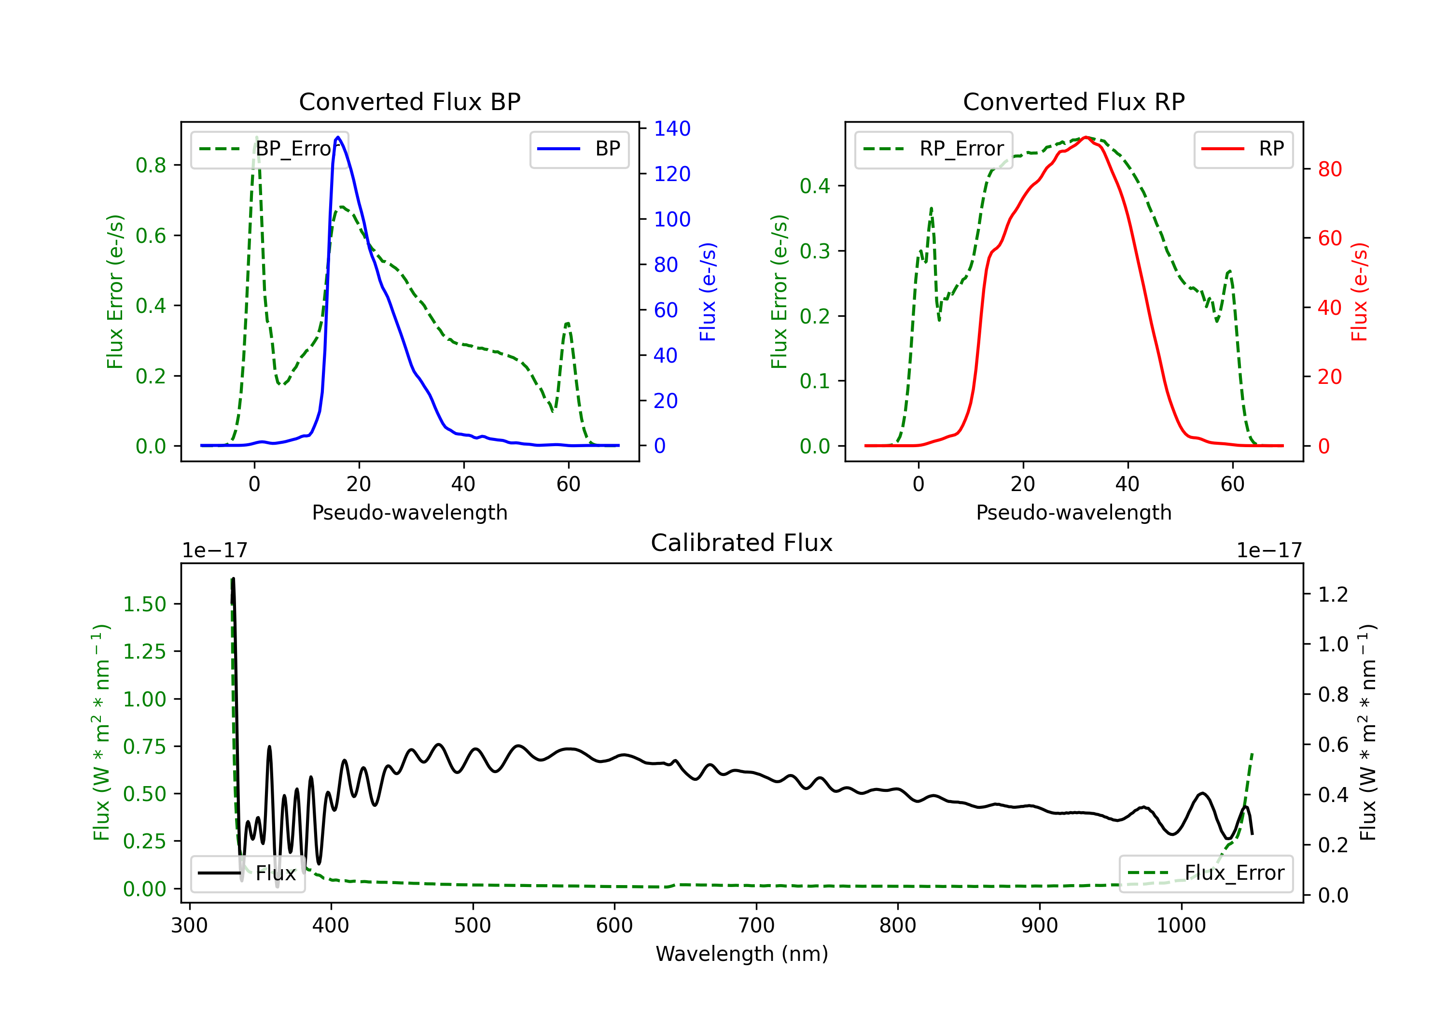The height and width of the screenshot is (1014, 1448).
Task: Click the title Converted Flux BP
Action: [x=409, y=101]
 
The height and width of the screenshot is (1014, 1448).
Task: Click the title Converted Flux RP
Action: [x=1073, y=101]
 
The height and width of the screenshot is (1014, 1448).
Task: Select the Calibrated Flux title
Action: [x=742, y=543]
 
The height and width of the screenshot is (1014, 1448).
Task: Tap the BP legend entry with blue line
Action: [x=579, y=149]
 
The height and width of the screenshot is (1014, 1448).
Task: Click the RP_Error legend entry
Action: [x=933, y=149]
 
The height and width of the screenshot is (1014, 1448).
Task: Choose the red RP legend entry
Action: [x=1243, y=149]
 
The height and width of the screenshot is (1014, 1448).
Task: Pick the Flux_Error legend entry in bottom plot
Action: [x=1205, y=873]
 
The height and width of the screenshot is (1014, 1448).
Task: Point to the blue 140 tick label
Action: [x=672, y=129]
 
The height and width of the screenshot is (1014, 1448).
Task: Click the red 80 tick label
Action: [x=1329, y=169]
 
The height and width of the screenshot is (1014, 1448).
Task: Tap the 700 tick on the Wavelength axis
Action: [x=756, y=926]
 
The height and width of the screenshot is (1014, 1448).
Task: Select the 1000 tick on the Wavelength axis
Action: [x=1181, y=926]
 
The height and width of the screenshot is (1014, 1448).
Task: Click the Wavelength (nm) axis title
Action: [x=742, y=954]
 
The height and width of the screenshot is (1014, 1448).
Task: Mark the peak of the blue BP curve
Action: [x=338, y=137]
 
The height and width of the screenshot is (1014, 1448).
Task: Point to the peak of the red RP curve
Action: [x=1086, y=137]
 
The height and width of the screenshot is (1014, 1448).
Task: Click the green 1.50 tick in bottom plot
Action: [x=144, y=604]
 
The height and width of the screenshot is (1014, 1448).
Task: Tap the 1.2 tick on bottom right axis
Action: [x=1333, y=594]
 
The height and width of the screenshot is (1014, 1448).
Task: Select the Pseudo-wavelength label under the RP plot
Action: [x=1073, y=512]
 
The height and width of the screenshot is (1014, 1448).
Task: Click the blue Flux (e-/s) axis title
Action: [x=708, y=292]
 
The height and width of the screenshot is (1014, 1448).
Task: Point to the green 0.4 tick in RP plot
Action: [x=815, y=186]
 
